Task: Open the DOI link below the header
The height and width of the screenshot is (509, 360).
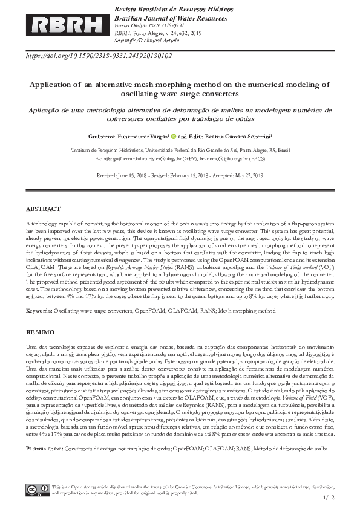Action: (x=99, y=56)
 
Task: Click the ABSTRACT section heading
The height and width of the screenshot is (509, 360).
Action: (x=43, y=209)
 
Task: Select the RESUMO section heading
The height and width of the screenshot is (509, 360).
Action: (x=40, y=332)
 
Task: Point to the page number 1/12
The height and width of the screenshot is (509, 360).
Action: (x=329, y=498)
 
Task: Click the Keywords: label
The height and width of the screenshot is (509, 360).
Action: (x=39, y=311)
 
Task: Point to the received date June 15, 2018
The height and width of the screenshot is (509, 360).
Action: (x=134, y=175)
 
